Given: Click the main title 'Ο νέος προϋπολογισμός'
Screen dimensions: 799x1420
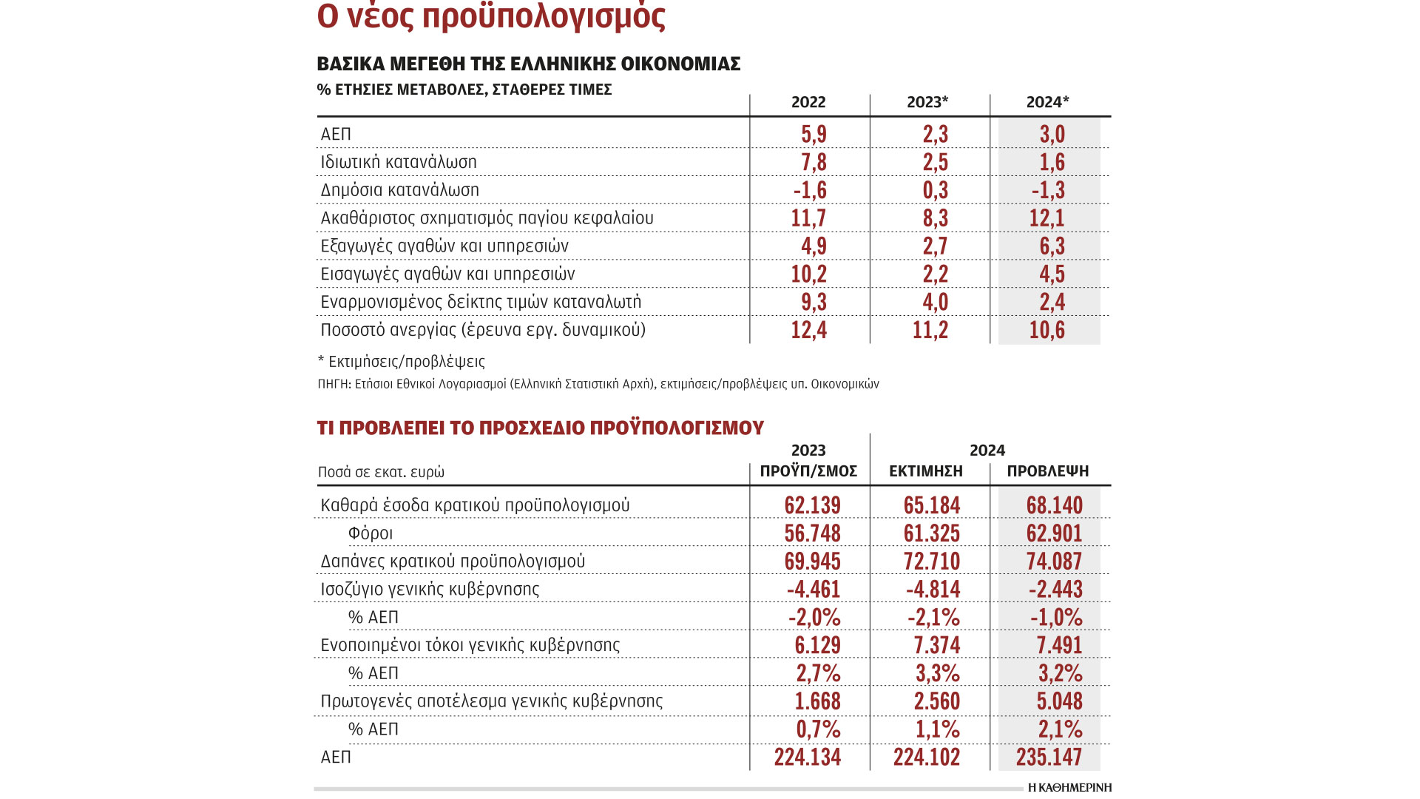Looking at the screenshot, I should click(491, 16).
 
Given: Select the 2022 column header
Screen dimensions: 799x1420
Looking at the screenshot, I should click(808, 103).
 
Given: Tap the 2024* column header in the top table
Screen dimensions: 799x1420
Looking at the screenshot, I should click(1047, 103).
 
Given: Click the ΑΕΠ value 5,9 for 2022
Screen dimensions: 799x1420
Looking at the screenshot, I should click(814, 135).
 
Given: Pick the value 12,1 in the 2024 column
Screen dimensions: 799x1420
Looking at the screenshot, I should click(1047, 218).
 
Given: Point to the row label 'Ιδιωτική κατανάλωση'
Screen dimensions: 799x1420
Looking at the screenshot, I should click(399, 162).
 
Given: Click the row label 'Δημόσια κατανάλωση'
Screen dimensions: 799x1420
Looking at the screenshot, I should click(399, 190).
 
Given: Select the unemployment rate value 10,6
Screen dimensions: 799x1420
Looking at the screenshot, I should click(1047, 330).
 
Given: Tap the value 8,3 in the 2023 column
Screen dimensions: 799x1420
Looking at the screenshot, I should click(935, 218).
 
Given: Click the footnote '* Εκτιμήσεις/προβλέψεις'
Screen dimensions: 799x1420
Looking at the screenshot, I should click(401, 362).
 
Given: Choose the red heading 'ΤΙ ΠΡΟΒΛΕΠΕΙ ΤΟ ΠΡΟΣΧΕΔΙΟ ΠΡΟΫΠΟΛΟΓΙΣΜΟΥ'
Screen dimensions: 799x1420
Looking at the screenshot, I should click(541, 428).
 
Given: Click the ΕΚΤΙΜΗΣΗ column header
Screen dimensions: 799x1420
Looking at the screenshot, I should click(926, 471).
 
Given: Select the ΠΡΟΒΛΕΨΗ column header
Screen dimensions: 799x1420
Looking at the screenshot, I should click(1048, 471).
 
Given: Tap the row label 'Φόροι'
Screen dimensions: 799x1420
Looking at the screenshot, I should click(371, 533).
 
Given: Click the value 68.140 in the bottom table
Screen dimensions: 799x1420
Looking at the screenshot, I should click(1054, 505).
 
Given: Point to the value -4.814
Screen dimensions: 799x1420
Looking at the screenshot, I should click(933, 590).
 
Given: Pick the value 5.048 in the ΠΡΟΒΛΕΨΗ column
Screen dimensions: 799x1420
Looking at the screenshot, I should click(1059, 701).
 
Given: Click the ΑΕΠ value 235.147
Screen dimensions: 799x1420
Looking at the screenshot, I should click(1049, 758).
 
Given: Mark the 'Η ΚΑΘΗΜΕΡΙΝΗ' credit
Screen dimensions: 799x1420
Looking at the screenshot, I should click(1069, 788).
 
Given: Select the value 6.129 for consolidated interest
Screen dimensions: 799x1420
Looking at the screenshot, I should click(817, 645).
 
